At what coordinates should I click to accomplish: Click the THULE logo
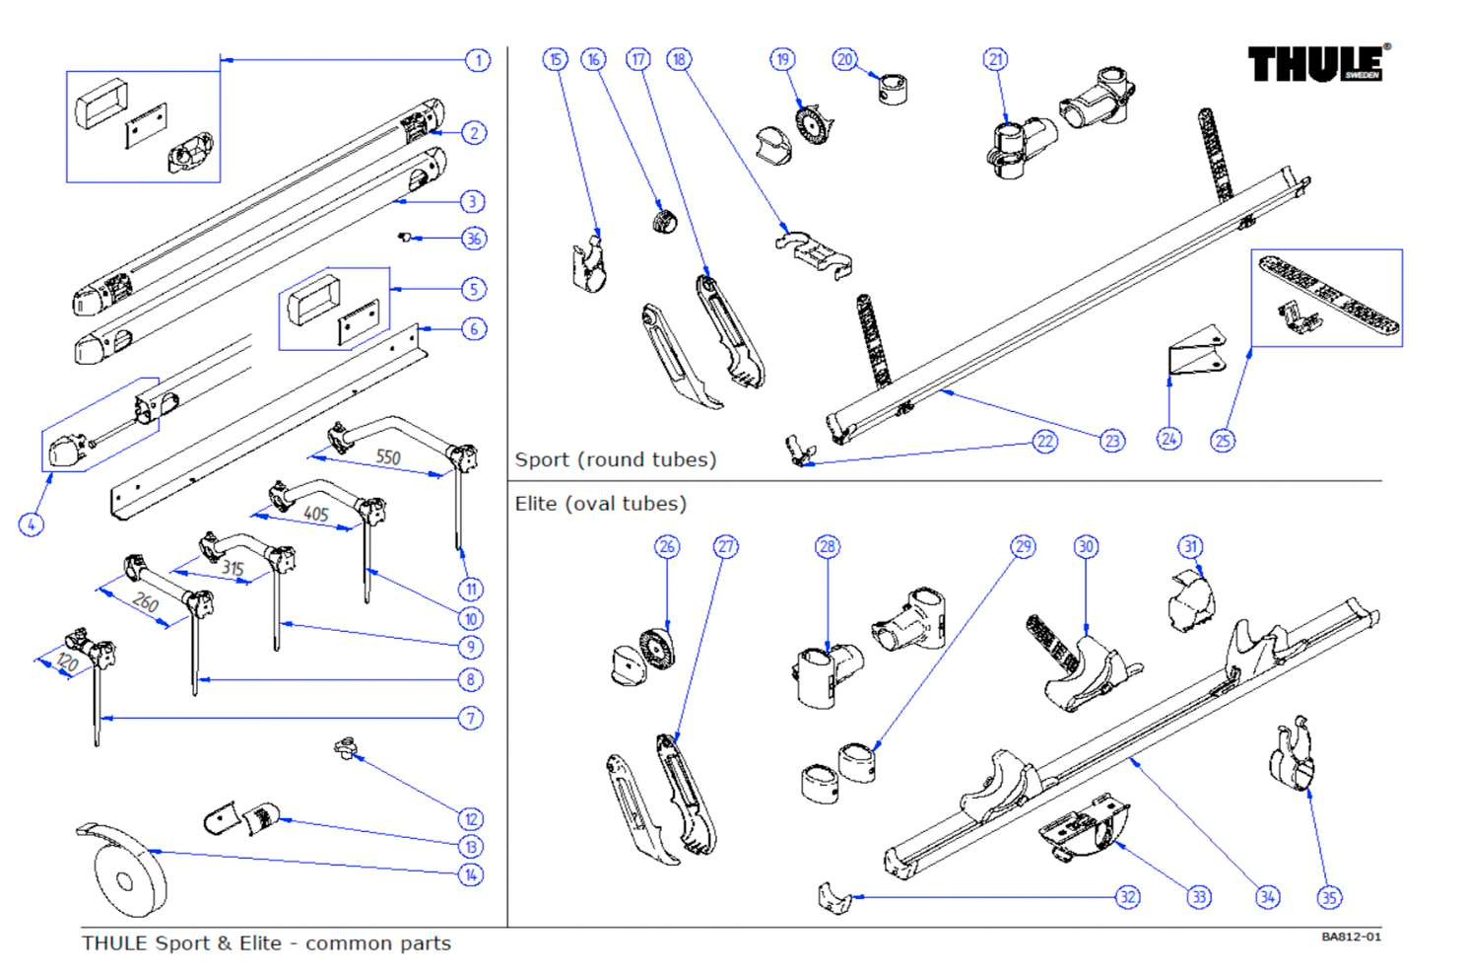1317,63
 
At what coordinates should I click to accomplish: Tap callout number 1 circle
478,60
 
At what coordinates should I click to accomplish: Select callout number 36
474,239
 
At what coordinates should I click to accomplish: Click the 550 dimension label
388,456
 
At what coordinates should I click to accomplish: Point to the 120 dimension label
66,663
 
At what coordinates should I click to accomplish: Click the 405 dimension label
316,514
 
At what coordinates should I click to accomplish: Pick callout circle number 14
471,874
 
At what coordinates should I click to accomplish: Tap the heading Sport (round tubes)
615,459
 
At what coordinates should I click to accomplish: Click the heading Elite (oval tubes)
600,504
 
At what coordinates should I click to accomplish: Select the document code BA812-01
1351,937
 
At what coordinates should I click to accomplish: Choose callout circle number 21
996,59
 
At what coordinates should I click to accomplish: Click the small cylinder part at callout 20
893,89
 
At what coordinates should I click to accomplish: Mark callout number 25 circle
1223,441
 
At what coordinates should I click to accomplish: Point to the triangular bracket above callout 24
1196,353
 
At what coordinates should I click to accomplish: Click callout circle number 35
1329,897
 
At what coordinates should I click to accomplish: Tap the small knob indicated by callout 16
665,219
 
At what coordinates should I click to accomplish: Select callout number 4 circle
32,524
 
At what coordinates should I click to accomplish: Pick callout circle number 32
1127,897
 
